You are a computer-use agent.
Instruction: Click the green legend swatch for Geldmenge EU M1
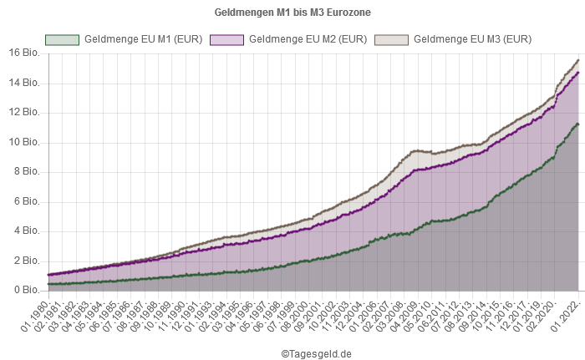[x=62, y=39]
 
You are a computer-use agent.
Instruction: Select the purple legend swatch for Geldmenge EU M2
[x=226, y=39]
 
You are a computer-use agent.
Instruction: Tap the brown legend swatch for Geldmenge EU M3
[x=391, y=39]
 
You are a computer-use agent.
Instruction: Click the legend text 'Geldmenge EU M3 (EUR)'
[x=472, y=39]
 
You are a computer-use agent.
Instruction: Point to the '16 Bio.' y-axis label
[x=24, y=52]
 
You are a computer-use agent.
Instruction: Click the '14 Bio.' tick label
[x=24, y=82]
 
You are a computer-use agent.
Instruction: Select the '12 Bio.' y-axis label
[x=24, y=111]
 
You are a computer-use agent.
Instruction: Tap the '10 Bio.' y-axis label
[x=24, y=141]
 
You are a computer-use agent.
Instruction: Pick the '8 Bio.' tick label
[x=27, y=170]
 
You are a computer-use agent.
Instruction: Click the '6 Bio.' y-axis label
[x=27, y=200]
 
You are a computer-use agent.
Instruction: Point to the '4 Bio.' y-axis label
[x=27, y=231]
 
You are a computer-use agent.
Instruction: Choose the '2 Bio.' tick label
[x=27, y=260]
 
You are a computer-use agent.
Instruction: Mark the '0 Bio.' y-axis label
[x=27, y=290]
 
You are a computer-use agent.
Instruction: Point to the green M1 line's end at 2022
[x=578, y=124]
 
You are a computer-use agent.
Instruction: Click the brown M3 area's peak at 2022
[x=578, y=59]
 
